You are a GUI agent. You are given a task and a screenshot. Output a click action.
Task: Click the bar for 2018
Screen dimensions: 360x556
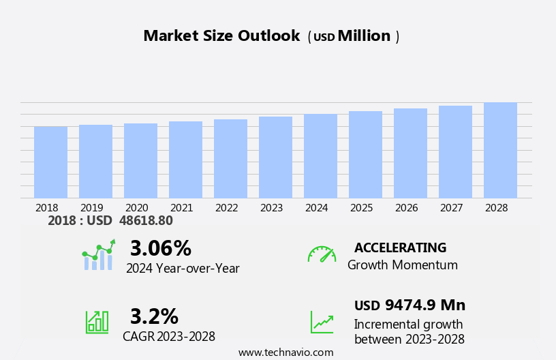50,162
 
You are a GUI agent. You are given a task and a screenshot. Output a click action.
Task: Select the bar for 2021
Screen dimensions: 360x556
185,160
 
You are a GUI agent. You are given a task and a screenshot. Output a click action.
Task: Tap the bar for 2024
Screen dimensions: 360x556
320,156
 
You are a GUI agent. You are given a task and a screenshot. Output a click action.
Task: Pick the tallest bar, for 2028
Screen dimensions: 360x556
500,151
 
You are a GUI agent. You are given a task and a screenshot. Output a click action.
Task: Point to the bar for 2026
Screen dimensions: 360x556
410,153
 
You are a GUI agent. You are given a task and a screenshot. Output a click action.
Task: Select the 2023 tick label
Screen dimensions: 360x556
271,207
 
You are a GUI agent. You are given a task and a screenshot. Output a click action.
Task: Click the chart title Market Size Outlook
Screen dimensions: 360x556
221,36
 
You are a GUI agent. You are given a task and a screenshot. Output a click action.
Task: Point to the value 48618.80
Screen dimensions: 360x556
146,221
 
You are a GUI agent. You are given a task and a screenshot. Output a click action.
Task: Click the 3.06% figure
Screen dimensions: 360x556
160,248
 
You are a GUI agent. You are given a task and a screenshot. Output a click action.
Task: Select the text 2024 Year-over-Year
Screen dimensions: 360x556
183,269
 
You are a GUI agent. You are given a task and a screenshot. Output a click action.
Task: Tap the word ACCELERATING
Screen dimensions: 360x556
400,247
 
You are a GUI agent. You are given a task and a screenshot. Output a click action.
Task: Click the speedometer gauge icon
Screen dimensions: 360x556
322,254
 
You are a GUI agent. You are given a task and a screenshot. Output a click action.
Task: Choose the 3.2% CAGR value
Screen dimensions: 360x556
154,316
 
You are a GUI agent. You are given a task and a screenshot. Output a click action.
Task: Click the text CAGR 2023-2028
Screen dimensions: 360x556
169,336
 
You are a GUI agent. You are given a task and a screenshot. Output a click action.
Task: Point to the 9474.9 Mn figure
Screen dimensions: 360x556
424,305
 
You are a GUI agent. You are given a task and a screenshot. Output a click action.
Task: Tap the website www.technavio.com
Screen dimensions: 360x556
285,352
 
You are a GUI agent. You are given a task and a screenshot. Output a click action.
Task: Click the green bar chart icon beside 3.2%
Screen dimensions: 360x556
97,321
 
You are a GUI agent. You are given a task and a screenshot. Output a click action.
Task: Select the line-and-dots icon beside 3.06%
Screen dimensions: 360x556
98,256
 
